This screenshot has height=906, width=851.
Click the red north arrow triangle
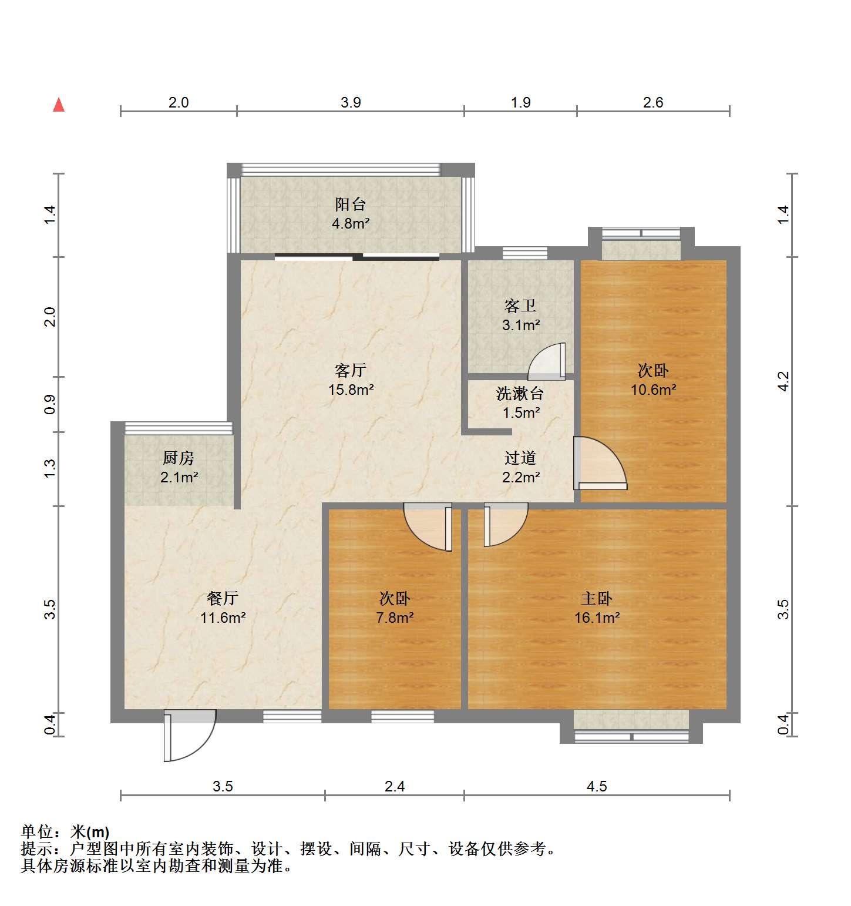59,105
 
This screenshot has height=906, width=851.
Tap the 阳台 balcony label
351,204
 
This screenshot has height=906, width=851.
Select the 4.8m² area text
351,223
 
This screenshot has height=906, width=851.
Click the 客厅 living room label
351,370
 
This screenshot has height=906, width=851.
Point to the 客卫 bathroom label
520,306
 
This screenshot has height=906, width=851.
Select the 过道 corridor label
520,458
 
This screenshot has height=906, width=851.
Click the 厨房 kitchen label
179,458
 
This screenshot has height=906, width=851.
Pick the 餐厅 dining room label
223,598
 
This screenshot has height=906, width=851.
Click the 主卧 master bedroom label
597,598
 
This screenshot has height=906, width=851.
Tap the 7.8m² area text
395,618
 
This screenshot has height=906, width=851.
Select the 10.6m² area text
653,390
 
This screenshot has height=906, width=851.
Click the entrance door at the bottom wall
189,736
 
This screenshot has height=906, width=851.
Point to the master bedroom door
505,525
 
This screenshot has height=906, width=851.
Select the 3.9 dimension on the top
351,102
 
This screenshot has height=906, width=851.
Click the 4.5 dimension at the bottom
597,786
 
